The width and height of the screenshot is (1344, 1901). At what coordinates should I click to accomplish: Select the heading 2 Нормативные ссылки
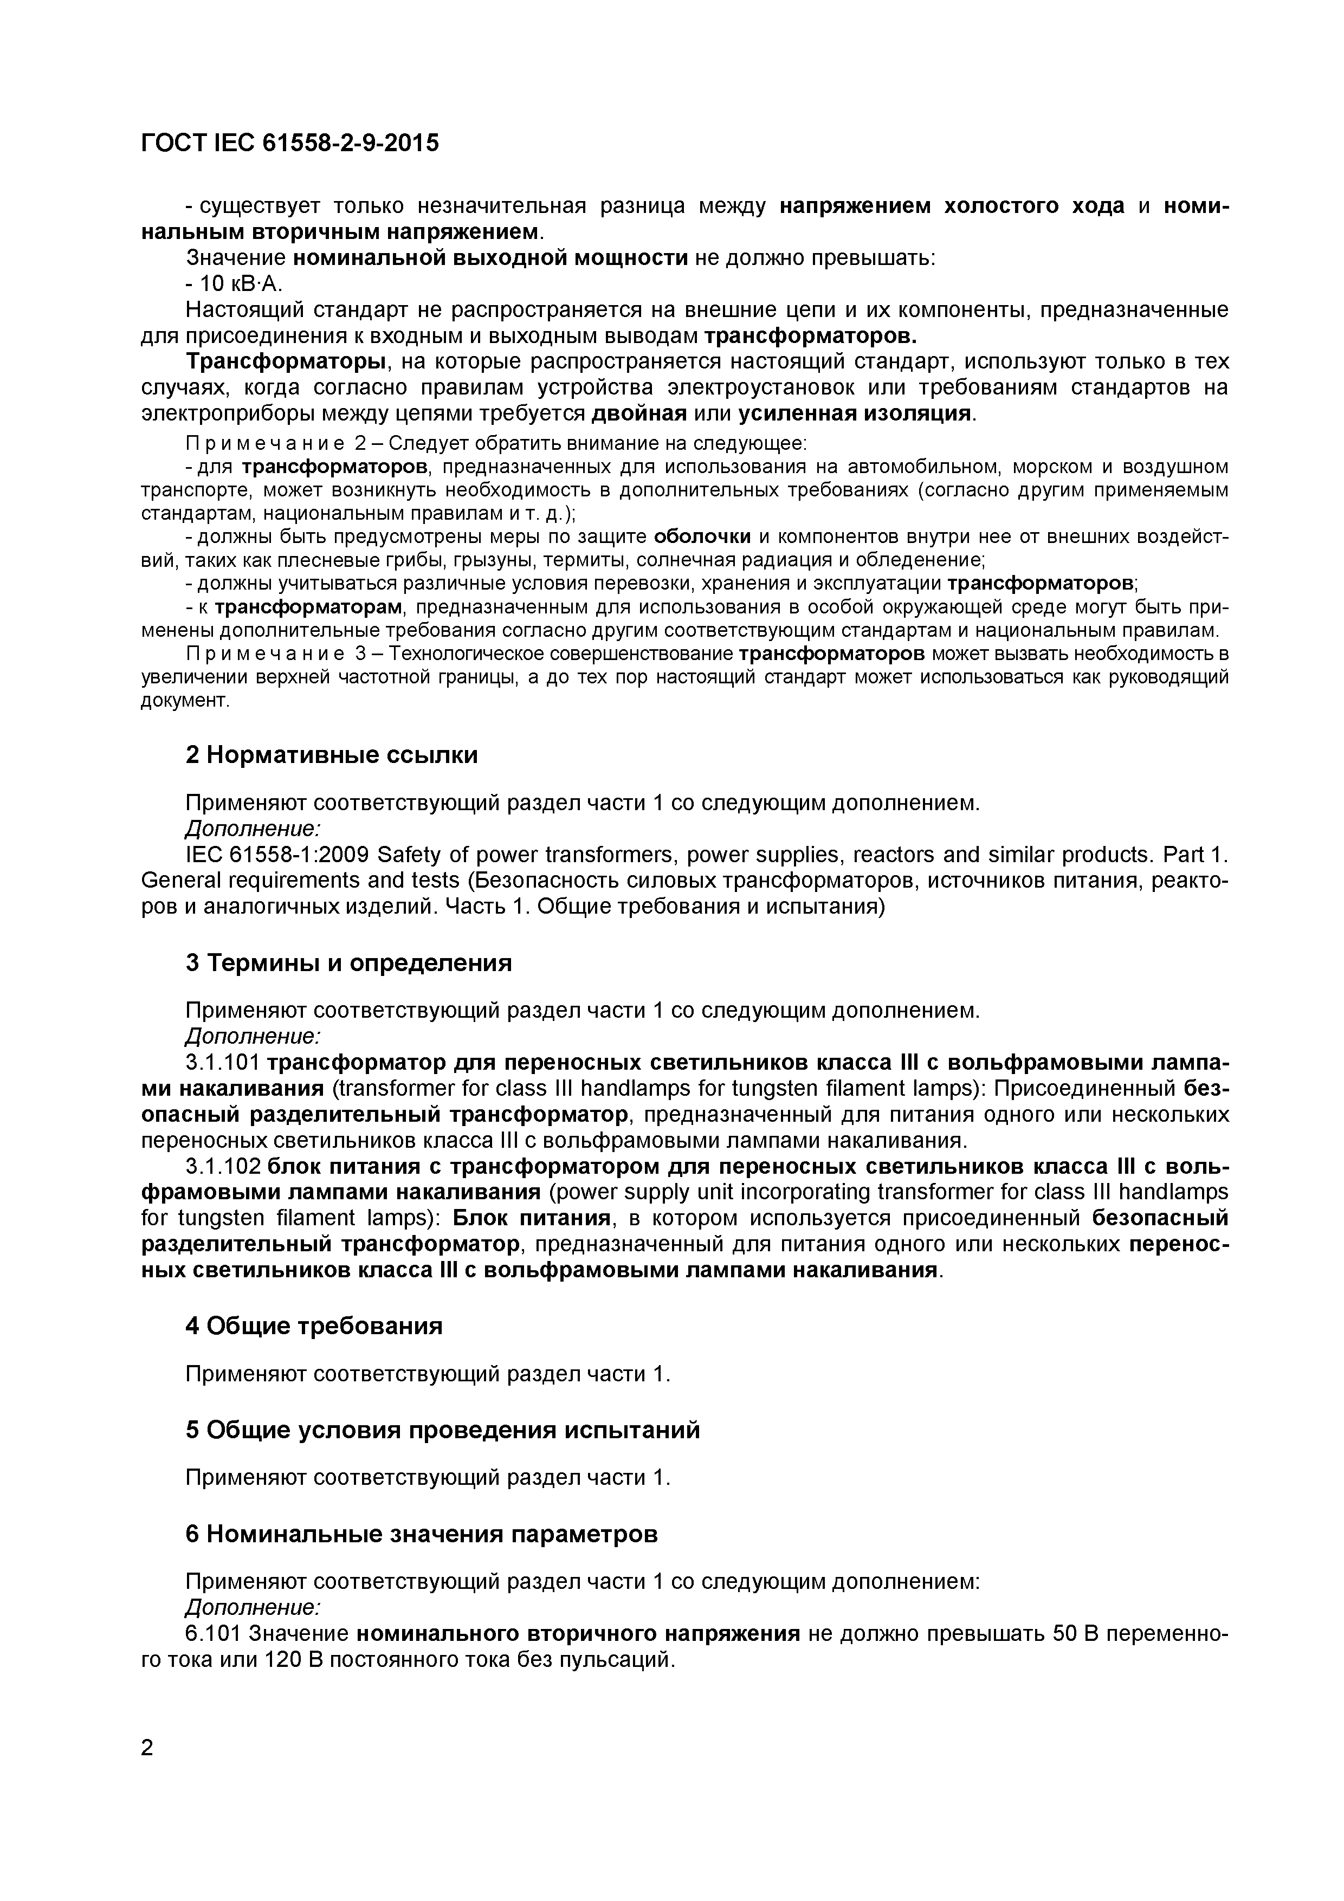click(331, 755)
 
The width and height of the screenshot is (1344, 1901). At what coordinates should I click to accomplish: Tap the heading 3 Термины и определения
click(348, 963)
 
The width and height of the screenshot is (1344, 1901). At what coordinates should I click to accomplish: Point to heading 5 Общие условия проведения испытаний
click(442, 1430)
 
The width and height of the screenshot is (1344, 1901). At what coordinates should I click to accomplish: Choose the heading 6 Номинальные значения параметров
click(422, 1534)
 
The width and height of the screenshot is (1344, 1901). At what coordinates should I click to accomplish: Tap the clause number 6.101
click(212, 1633)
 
